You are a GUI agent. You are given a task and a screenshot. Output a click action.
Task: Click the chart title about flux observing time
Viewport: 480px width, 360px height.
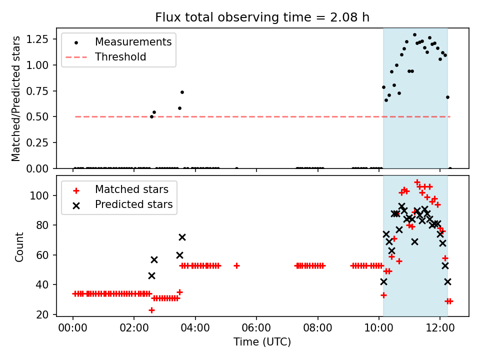262,17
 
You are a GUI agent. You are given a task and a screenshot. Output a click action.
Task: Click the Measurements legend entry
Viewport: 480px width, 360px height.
133,42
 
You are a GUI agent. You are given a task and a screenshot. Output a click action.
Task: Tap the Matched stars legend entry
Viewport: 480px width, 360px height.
131,189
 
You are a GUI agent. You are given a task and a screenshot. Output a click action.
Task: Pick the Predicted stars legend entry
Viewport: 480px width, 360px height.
133,204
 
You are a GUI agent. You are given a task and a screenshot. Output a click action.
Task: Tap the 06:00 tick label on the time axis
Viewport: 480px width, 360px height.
256,329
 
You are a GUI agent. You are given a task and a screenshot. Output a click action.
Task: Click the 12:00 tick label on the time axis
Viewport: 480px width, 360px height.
440,329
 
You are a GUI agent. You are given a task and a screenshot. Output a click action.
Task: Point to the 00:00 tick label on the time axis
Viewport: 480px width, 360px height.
73,329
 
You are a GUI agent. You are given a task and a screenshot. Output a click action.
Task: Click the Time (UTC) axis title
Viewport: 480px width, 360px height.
262,342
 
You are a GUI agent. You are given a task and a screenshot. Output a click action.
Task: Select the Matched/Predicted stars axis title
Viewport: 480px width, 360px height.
16,98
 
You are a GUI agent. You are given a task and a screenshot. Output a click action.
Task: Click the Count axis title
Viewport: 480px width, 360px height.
19,247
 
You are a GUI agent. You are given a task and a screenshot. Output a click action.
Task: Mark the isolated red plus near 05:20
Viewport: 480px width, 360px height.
236,265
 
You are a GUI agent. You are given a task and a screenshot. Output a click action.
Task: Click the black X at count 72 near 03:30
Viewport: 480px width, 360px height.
182,237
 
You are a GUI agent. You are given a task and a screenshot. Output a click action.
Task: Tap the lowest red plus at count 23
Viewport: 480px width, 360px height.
151,310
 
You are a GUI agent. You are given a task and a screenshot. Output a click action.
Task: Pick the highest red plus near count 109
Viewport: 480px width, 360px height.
417,182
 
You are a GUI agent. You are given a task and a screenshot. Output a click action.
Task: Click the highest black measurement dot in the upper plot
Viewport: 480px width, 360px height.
414,35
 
